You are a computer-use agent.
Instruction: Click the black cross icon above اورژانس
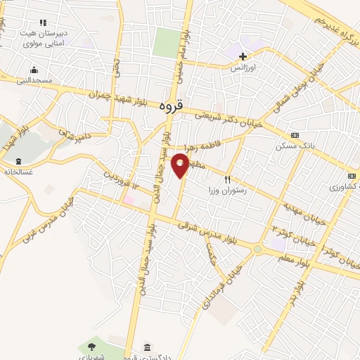(243, 56)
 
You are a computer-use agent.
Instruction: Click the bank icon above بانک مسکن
(294, 135)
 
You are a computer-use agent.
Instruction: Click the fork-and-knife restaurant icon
(227, 180)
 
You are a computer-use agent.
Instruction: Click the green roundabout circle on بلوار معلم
(258, 249)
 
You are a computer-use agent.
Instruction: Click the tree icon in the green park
(91, 345)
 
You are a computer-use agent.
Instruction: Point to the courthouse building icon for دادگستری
(147, 347)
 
